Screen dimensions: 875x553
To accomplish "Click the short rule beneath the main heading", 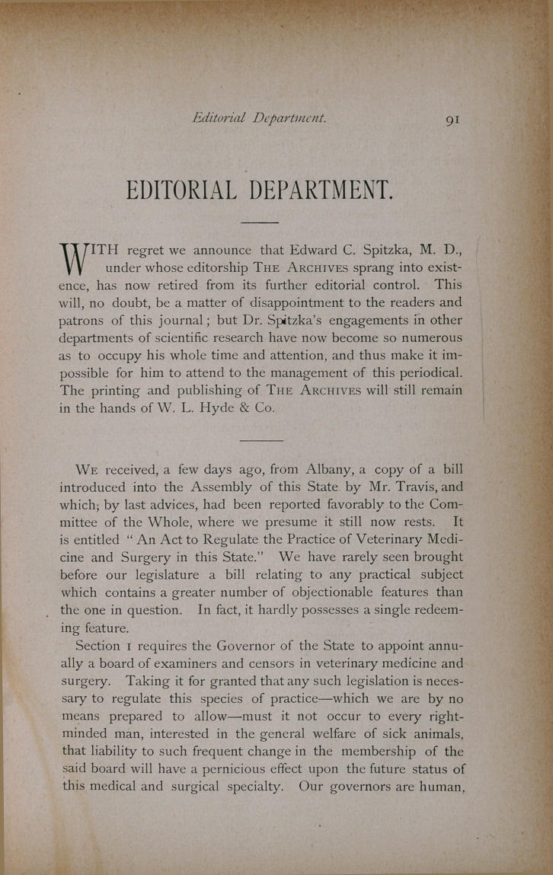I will tap(260, 222).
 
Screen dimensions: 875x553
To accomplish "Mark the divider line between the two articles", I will tap(261, 440).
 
